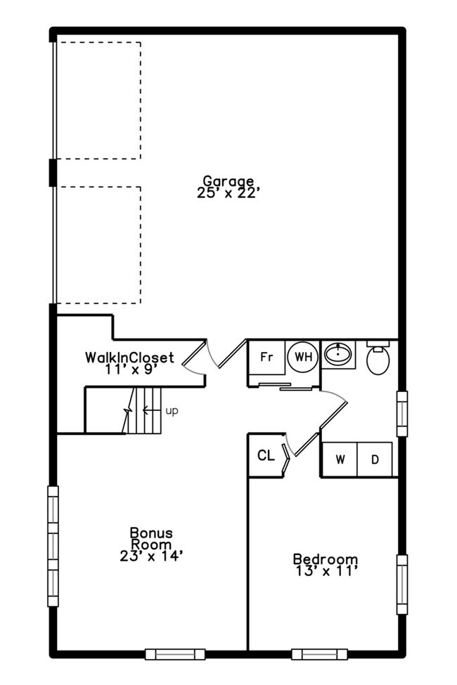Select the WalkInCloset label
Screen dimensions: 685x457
coord(129,357)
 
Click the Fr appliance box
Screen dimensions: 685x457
coord(266,356)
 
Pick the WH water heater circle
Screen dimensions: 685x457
coord(303,356)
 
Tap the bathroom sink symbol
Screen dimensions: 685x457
coord(339,354)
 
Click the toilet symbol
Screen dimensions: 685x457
coord(378,359)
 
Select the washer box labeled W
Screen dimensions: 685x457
coord(340,459)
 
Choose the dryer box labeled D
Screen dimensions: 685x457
coord(375,459)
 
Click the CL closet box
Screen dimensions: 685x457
coord(265,456)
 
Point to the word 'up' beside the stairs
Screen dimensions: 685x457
coord(172,410)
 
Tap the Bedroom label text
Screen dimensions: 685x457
coord(325,560)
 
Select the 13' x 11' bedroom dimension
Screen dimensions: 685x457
coord(325,571)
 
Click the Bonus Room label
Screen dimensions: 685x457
coord(150,539)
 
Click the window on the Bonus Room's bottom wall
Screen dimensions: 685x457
coord(175,654)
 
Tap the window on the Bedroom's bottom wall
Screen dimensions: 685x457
coord(319,654)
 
